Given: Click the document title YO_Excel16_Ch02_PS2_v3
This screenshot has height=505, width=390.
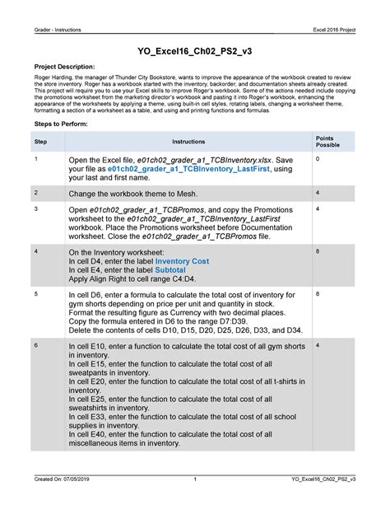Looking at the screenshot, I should pos(194,49).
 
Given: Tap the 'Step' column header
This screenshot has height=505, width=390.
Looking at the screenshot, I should pos(40,142).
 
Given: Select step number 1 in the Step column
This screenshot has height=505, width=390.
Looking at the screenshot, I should pos(35,157).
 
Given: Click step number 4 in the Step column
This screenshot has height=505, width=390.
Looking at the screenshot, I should pos(35,250).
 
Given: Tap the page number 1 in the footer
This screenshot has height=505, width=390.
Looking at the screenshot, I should pos(194,479).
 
